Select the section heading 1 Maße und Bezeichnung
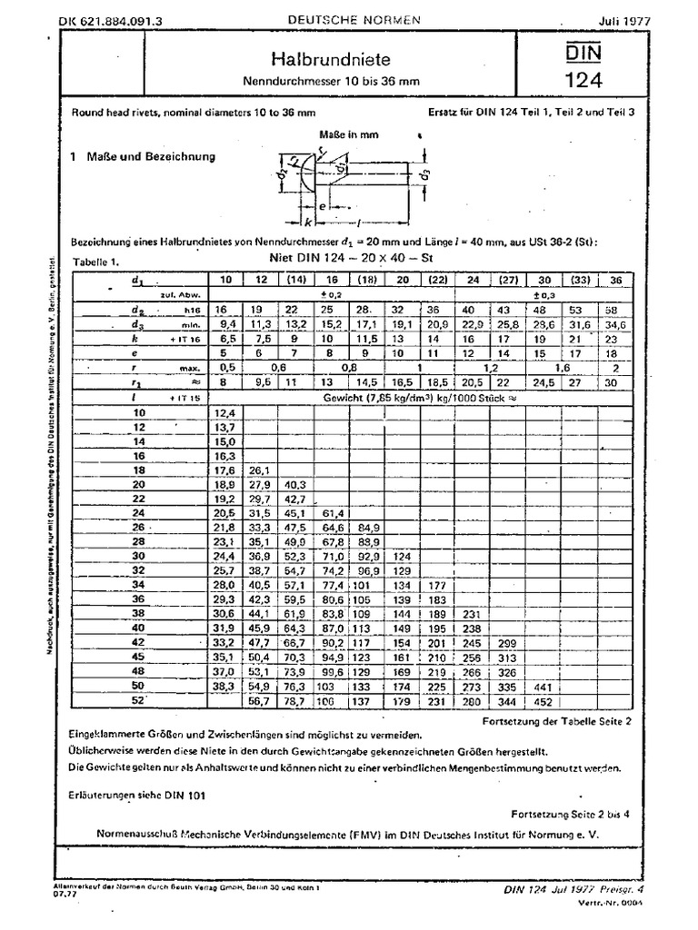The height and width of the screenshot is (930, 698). [x=143, y=156]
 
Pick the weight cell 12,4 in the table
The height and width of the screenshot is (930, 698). [x=225, y=412]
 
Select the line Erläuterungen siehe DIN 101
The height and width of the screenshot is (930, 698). [x=137, y=795]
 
